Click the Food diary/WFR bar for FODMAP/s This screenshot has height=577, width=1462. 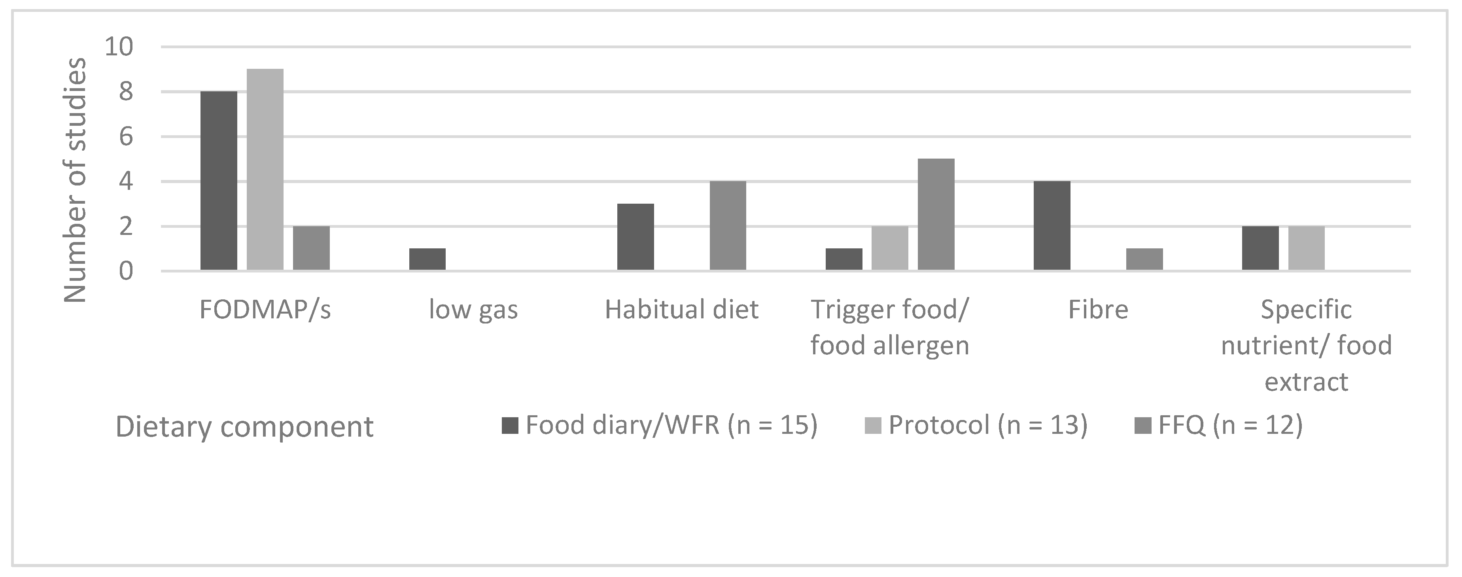coord(219,180)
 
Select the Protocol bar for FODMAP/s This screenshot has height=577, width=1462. coord(265,169)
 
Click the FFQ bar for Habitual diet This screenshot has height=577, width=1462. coord(728,225)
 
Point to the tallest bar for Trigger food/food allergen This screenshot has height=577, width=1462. coord(936,214)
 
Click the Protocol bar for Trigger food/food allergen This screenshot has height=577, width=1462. coord(889,248)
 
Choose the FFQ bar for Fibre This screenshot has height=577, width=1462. coord(1144,259)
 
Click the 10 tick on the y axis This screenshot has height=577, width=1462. coord(119,47)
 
